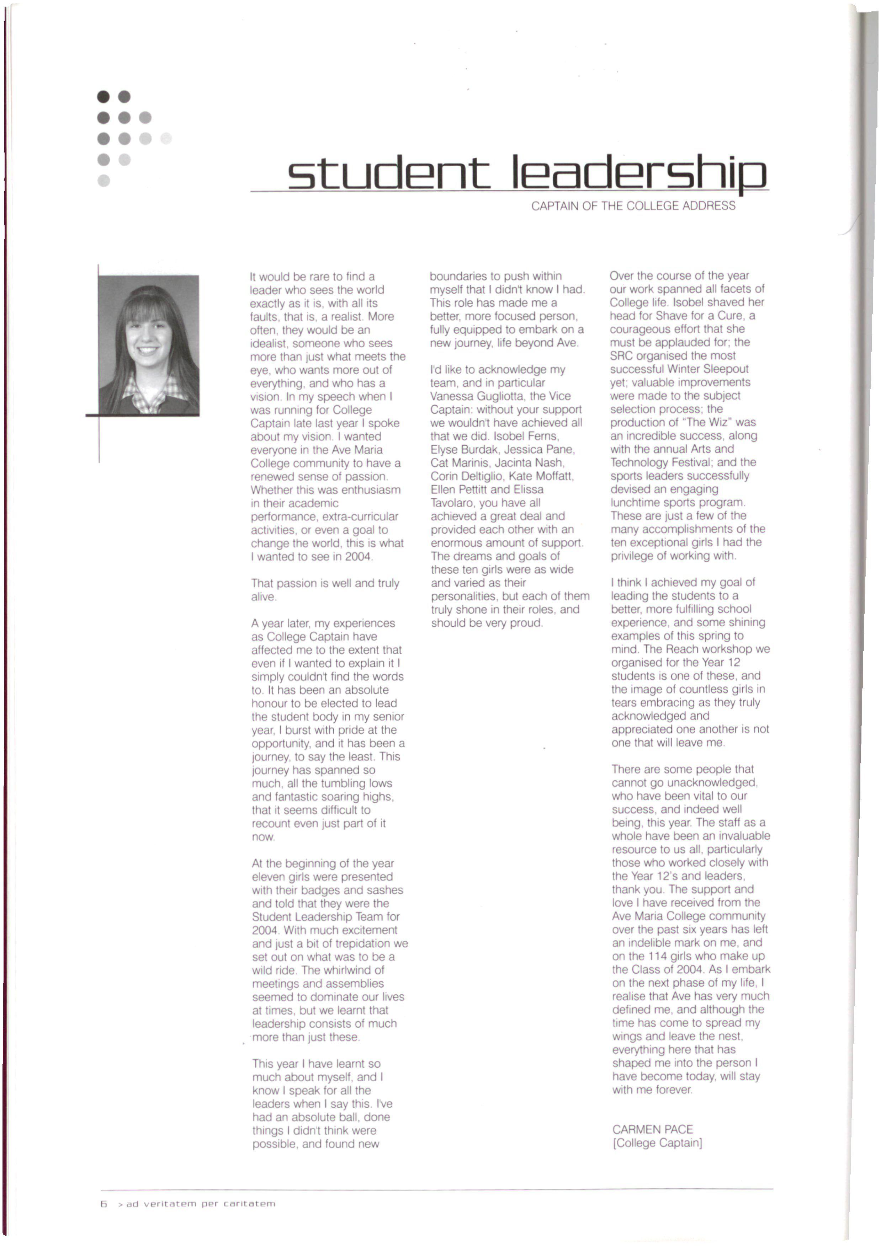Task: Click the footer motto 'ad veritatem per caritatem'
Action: tap(201, 1204)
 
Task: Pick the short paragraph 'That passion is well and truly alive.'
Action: tap(325, 590)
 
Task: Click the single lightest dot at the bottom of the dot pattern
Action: tap(104, 180)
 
